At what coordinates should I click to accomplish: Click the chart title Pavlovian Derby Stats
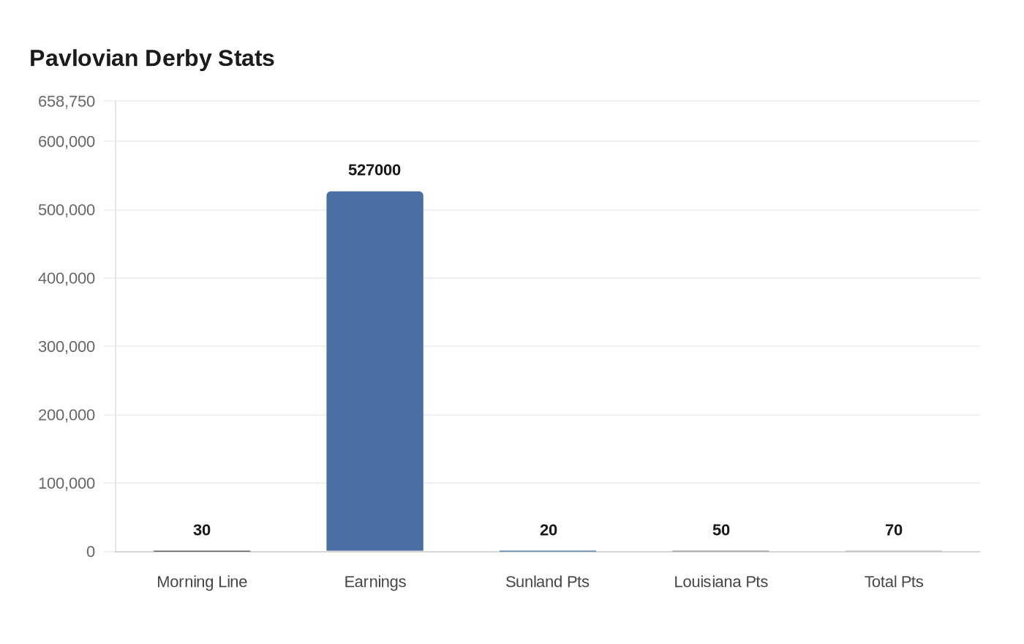(152, 59)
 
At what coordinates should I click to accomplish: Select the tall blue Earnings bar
(374, 371)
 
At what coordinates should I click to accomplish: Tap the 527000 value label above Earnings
(374, 170)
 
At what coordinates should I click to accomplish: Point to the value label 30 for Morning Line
(202, 530)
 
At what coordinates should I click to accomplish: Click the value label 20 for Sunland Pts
(548, 530)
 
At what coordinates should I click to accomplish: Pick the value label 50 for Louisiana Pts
(721, 530)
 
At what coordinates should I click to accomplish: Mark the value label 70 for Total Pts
(894, 530)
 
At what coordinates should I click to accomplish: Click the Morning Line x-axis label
(202, 582)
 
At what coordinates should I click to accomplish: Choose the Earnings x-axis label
(374, 583)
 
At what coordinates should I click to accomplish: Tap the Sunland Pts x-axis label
(547, 582)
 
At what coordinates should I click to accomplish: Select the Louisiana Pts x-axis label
(721, 582)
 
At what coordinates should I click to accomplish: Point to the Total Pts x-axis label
(894, 582)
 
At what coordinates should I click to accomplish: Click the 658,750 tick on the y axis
(67, 102)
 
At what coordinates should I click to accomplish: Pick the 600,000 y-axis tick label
(67, 142)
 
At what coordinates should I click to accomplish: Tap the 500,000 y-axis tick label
(67, 211)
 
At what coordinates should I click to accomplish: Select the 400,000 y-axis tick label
(67, 278)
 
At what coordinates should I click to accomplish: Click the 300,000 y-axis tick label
(67, 347)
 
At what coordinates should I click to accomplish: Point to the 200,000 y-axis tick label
(67, 416)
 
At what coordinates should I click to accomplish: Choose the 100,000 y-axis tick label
(67, 484)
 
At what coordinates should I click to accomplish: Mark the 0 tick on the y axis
(91, 552)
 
